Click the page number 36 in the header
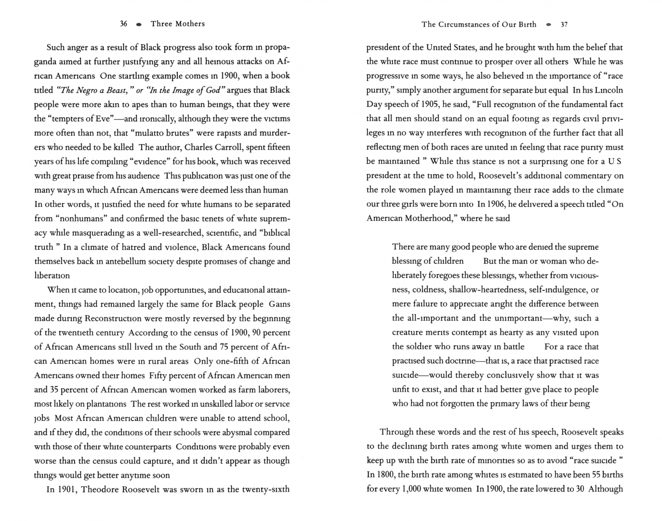point(123,24)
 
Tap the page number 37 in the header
point(564,24)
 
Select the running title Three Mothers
point(177,24)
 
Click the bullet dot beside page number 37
point(549,24)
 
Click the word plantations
point(107,404)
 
